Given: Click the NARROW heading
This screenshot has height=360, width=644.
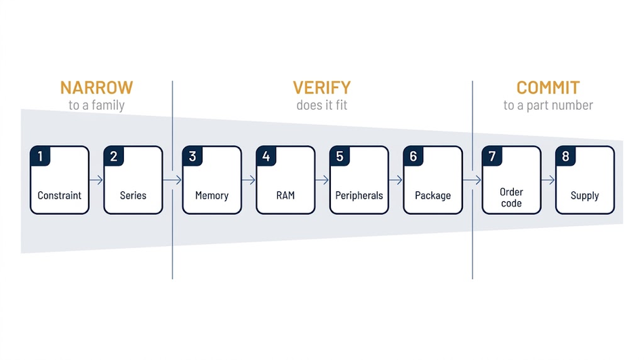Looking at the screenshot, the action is (x=96, y=87).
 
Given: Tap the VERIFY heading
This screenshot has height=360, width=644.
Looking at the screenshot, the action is (x=322, y=87).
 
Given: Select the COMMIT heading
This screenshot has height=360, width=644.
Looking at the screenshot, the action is (x=548, y=87).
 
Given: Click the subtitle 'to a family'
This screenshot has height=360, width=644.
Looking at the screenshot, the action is (x=96, y=105).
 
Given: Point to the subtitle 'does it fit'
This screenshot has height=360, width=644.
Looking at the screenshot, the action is (x=322, y=105).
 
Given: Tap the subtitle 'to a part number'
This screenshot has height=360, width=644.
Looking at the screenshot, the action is (x=548, y=105).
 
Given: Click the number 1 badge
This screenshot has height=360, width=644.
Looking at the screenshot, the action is (x=40, y=156).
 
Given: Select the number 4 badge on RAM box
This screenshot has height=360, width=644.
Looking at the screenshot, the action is (x=266, y=156).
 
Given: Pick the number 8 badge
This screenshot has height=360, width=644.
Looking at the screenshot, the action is (x=565, y=156).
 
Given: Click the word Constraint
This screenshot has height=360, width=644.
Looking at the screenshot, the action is (x=60, y=195).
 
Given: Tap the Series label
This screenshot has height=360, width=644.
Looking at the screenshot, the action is (x=133, y=195).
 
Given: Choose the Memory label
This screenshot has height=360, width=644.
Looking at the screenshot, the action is (x=212, y=196).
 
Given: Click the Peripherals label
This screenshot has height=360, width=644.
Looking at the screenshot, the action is (x=359, y=195).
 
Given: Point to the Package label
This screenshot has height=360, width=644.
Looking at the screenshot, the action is (x=433, y=196).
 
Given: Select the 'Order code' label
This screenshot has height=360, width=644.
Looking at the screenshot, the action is (x=511, y=198).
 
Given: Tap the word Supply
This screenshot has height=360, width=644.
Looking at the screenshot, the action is (x=585, y=196).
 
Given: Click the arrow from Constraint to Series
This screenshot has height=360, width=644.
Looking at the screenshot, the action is (x=96, y=180).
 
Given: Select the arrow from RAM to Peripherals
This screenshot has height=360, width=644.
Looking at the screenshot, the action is (x=322, y=180).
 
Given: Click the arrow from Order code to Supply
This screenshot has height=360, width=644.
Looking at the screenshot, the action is (x=548, y=180).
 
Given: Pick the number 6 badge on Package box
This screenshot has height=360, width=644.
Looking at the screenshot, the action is (x=414, y=156).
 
